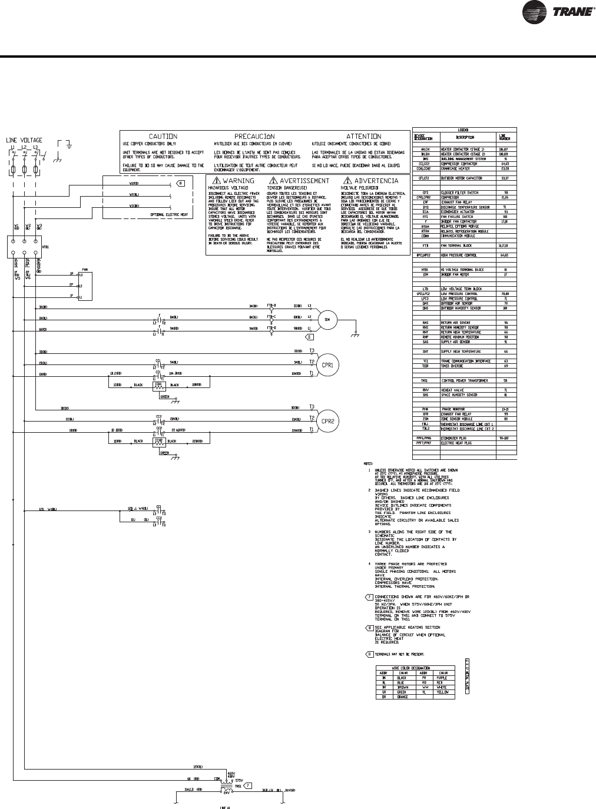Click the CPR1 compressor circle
click(x=327, y=365)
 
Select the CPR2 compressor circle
click(x=327, y=421)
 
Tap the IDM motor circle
click(x=325, y=320)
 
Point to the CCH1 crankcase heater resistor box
click(x=158, y=385)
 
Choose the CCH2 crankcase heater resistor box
click(x=158, y=441)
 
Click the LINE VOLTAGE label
click(x=24, y=140)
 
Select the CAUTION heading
click(x=163, y=136)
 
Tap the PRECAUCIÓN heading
click(x=255, y=136)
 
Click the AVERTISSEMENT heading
click(x=304, y=181)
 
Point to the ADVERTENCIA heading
click(x=376, y=181)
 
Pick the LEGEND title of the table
click(x=464, y=130)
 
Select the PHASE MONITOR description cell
click(x=453, y=409)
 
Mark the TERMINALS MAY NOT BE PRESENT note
click(x=400, y=654)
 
